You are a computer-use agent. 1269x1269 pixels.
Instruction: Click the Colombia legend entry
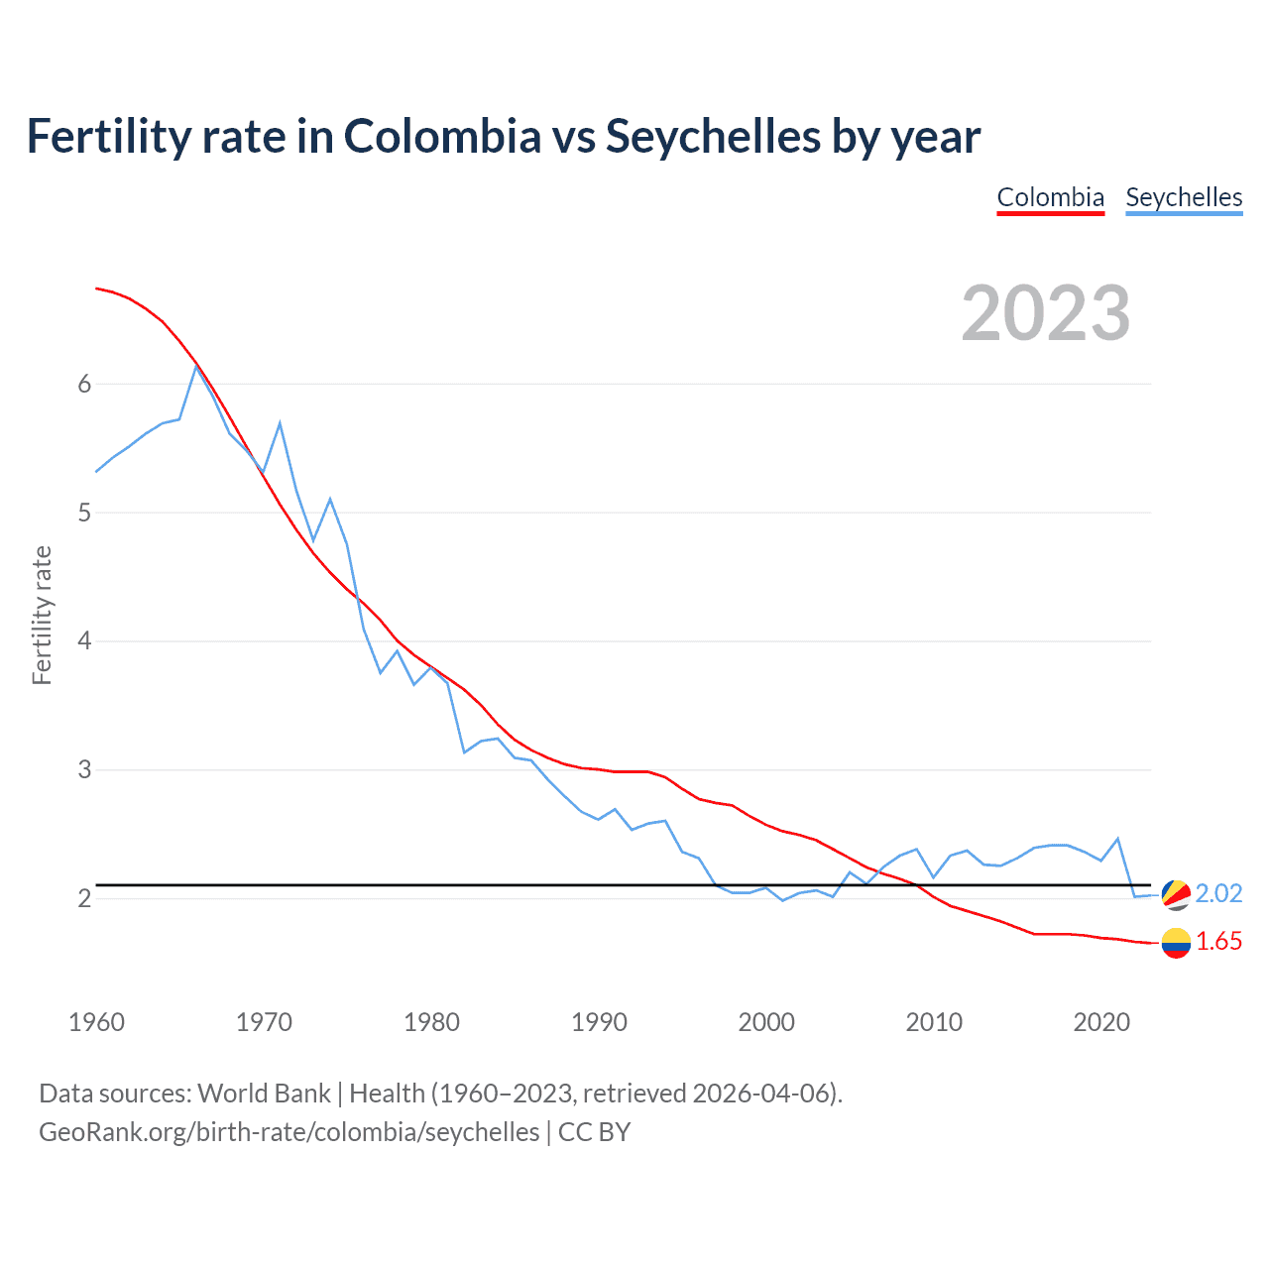[1050, 197]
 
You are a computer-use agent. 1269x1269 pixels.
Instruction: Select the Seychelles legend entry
[1184, 197]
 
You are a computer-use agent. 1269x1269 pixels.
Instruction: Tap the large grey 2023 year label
[1046, 313]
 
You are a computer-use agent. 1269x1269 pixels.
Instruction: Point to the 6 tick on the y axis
[84, 385]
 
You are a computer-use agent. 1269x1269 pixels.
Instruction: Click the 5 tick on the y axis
[84, 513]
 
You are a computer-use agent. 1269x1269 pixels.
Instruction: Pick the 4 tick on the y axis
[84, 641]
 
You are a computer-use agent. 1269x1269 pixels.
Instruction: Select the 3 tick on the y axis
[84, 769]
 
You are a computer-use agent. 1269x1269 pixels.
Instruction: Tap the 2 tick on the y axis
[84, 898]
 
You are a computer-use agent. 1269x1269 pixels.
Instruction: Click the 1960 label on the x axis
[96, 1022]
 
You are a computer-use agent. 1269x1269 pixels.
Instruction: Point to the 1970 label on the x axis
[264, 1022]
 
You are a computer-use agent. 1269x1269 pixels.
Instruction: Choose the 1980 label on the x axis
[431, 1022]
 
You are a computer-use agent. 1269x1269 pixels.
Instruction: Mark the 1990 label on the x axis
[599, 1022]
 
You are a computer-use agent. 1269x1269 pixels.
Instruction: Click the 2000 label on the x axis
[766, 1022]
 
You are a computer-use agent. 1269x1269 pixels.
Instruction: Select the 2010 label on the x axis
[934, 1022]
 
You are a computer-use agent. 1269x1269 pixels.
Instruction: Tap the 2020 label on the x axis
[1101, 1022]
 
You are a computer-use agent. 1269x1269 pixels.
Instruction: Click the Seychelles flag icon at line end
[1176, 894]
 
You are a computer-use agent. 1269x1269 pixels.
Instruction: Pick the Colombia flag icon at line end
[1176, 942]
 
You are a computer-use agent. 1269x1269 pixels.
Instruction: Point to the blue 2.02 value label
[1218, 894]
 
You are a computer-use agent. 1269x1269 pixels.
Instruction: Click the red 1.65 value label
[1218, 942]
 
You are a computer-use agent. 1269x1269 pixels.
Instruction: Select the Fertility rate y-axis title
[42, 615]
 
